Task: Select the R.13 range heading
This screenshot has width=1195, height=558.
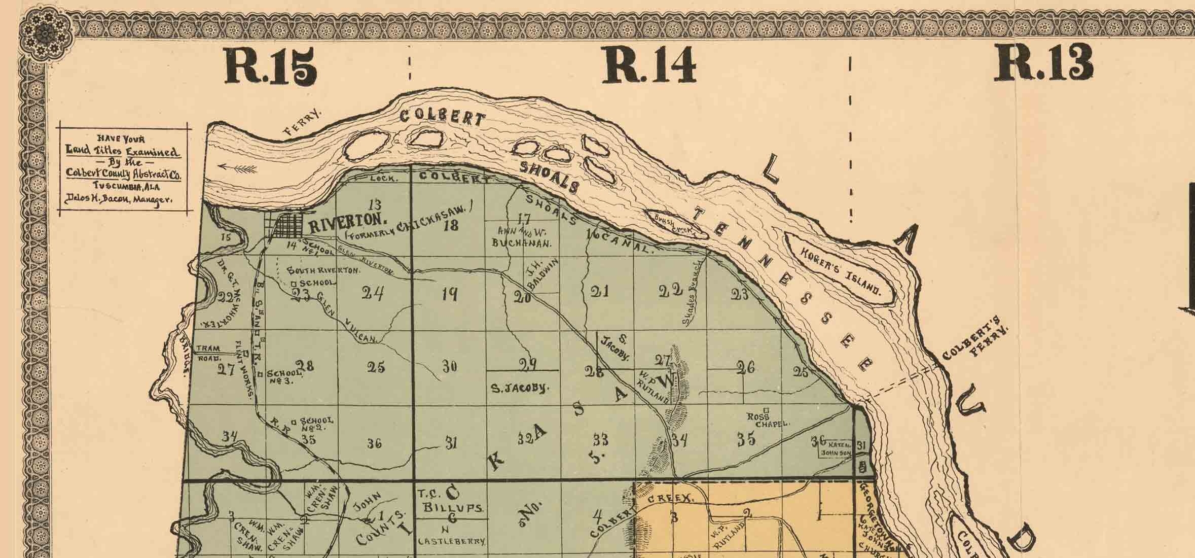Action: tap(1043, 63)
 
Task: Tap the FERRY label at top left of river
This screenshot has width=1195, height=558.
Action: tap(303, 123)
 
